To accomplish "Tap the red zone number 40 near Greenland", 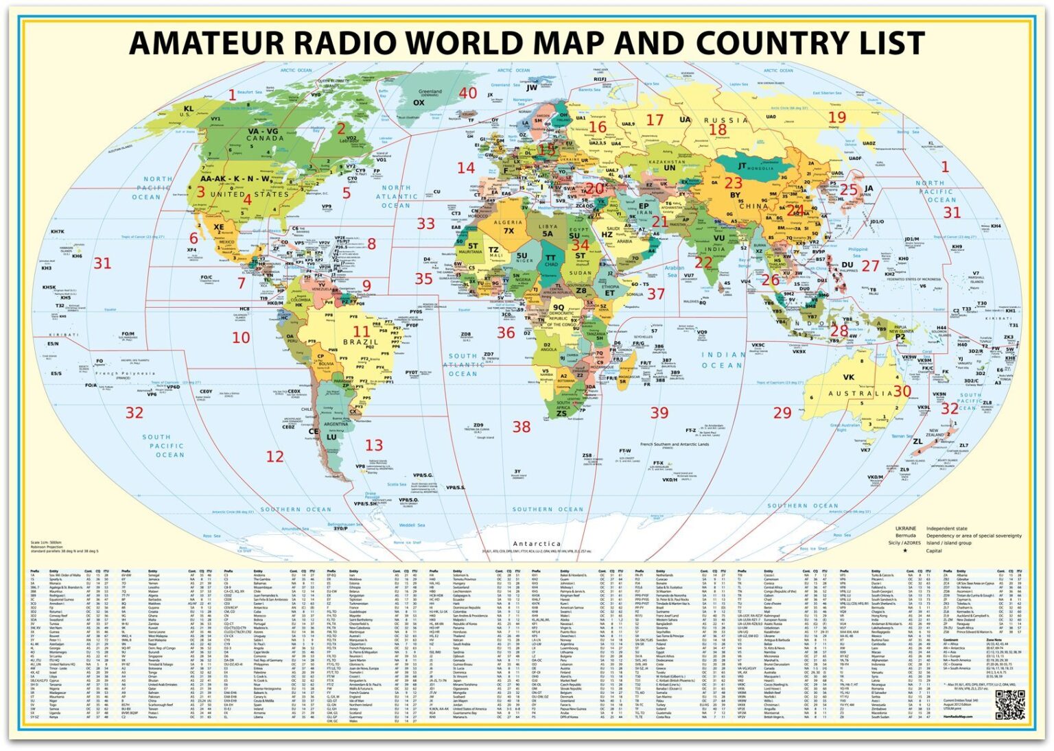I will tap(468, 93).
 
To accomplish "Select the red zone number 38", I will tap(522, 427).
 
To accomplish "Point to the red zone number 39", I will tap(659, 412).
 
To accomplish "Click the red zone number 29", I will tap(782, 413).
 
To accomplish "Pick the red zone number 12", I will tap(275, 456).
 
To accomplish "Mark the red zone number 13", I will tap(374, 445).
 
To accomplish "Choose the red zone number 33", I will tap(426, 224).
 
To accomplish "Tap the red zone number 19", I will tap(837, 117).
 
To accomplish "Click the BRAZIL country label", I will tap(360, 341).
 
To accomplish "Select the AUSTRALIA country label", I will tap(859, 393).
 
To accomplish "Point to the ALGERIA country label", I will tap(508, 223).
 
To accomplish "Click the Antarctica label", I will tap(537, 543).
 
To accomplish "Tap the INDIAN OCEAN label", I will tap(723, 360).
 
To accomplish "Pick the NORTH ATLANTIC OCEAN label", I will tap(396, 196).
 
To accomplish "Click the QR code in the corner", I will tap(1009, 704).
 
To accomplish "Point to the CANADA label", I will tap(265, 138).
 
